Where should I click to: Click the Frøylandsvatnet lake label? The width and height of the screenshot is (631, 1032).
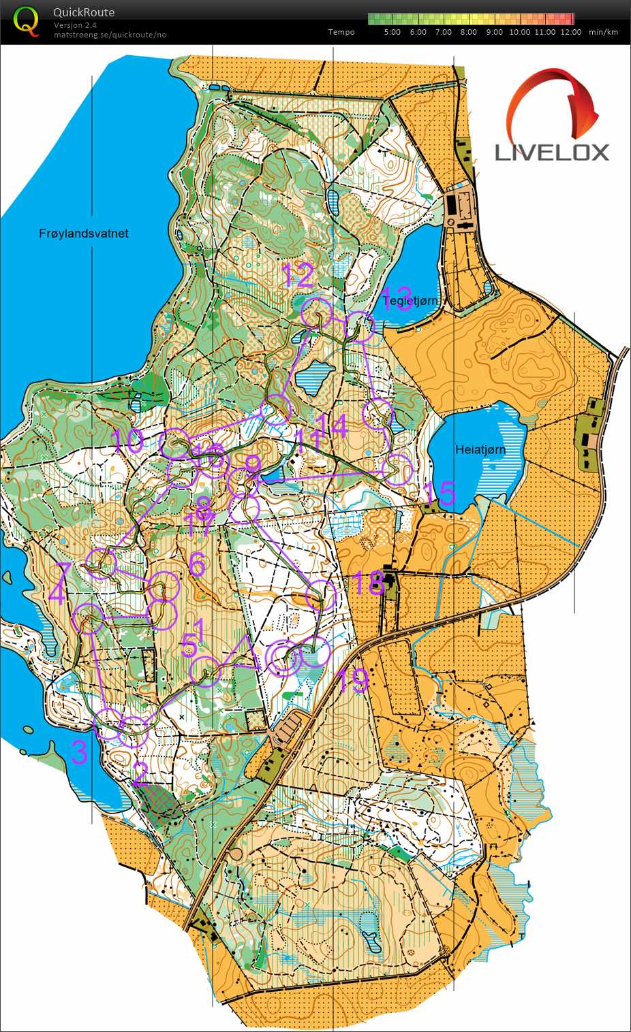[x=84, y=233]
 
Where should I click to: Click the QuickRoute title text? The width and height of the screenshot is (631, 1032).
[x=84, y=12]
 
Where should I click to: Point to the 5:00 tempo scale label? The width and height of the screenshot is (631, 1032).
[x=392, y=32]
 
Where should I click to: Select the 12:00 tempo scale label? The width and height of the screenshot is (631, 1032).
[x=570, y=32]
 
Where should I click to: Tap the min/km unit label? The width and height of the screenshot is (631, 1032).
[x=603, y=32]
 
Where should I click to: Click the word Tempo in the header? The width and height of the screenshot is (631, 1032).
[x=341, y=32]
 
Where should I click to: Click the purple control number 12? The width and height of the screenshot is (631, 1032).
[x=298, y=276]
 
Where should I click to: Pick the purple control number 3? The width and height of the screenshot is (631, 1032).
[x=80, y=752]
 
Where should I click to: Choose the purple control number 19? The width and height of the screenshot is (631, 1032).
[x=354, y=681]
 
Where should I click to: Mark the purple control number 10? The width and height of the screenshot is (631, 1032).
[x=127, y=441]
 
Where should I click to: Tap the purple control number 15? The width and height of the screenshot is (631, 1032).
[x=439, y=494]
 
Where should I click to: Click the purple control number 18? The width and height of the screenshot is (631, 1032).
[x=368, y=583]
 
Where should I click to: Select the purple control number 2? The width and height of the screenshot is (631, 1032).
[x=140, y=775]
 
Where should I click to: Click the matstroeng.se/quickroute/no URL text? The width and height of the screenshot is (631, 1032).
[x=109, y=35]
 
